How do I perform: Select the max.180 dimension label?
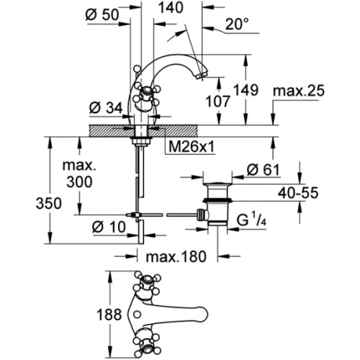176,257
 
